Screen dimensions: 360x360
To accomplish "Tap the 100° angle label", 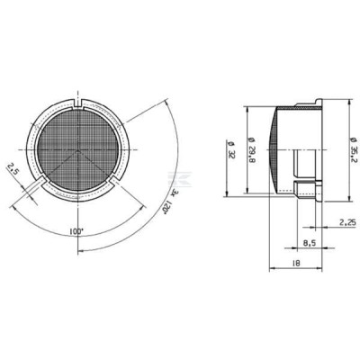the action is (x=76, y=231).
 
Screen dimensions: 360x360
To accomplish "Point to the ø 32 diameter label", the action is (x=231, y=149).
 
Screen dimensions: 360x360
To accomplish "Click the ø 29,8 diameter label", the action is (x=252, y=149).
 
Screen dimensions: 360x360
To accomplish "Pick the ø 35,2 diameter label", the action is (x=354, y=150).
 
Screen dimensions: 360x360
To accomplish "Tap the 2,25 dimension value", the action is (x=347, y=222).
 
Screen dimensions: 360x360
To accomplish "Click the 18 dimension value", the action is (x=295, y=263).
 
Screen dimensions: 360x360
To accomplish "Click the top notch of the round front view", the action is (x=78, y=103).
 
